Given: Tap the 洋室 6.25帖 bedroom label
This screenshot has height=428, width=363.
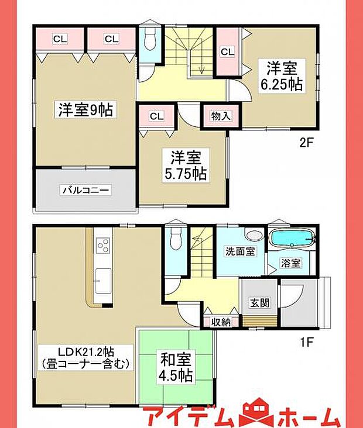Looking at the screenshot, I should tap(282, 76).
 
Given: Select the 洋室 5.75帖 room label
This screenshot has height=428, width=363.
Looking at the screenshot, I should tap(187, 165).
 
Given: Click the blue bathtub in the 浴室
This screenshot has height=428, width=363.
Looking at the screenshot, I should tap(292, 239).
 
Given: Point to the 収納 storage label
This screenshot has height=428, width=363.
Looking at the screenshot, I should tap(221, 321).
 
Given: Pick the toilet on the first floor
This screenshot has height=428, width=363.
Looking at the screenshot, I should tap(175, 240).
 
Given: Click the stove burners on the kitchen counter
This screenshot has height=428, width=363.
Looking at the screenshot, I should tap(102, 244).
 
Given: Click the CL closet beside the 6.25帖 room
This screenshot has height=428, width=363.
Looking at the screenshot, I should tap(228, 52).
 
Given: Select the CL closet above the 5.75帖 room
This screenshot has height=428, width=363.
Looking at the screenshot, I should tap(155, 116).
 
